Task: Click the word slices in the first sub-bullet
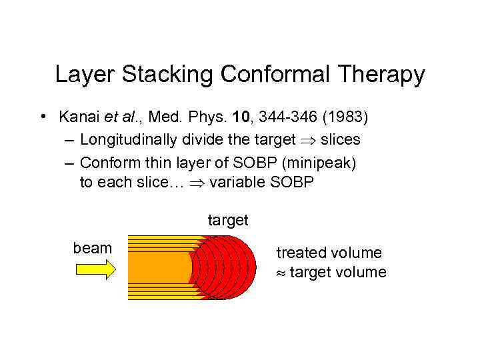[340, 140]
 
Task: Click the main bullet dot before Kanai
[42, 117]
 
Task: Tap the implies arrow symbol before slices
[307, 140]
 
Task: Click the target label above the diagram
[227, 220]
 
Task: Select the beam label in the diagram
[92, 249]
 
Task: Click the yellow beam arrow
[95, 269]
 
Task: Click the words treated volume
[329, 253]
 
